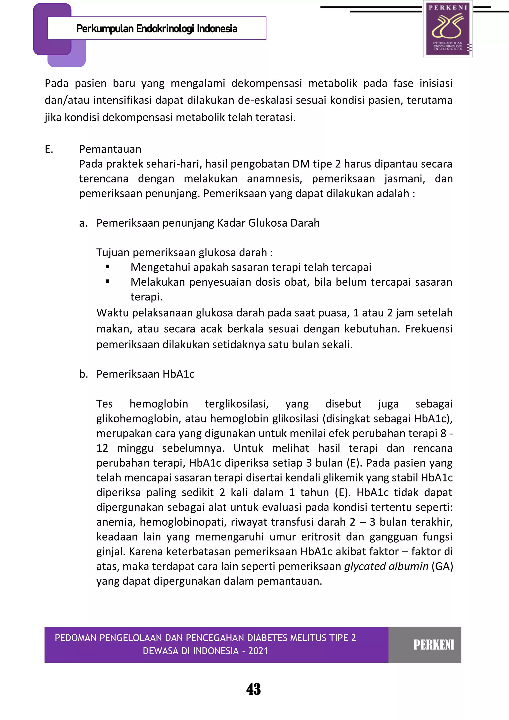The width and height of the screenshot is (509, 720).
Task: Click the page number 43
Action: click(x=254, y=689)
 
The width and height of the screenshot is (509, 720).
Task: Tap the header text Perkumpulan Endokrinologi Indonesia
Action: click(x=157, y=29)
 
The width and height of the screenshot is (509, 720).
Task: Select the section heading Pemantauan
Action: click(x=110, y=149)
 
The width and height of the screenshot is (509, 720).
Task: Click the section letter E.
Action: click(x=49, y=149)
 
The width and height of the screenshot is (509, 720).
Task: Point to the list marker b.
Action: click(x=83, y=374)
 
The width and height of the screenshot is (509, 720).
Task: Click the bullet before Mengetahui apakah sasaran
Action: click(x=108, y=267)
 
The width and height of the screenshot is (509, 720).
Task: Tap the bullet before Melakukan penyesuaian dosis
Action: click(x=108, y=282)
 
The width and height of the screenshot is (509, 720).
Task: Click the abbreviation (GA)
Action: click(x=442, y=566)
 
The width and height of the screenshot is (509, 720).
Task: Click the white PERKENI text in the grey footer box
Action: click(x=434, y=645)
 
